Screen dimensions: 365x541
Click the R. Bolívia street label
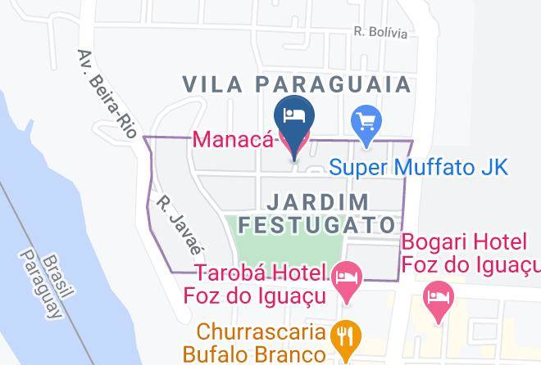point(380,33)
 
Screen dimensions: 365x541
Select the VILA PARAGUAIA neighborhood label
point(296,83)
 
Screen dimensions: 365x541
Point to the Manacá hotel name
point(233,139)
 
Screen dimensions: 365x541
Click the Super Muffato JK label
point(419,168)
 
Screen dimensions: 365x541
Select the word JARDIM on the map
point(317,201)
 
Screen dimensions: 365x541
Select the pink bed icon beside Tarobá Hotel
point(348,276)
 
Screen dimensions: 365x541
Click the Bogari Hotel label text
point(471,254)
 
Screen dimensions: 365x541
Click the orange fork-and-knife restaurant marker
point(344,336)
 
